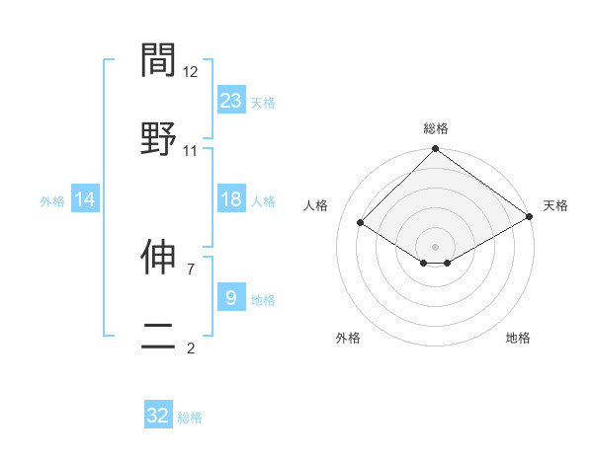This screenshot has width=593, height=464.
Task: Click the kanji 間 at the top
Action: (158, 61)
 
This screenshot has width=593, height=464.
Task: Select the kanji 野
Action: (158, 138)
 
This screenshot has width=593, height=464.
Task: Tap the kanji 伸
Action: (158, 258)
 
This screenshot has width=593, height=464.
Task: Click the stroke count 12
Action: (191, 72)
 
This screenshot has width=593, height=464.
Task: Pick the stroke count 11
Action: (191, 150)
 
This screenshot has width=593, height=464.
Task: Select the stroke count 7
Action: (191, 268)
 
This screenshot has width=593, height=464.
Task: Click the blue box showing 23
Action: (231, 101)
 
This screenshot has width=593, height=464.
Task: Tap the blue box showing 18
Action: (231, 199)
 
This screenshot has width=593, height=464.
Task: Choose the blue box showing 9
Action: (231, 298)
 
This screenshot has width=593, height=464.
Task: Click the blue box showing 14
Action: (86, 199)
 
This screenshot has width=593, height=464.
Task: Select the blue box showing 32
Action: (158, 416)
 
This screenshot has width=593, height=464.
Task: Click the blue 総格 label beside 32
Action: (190, 418)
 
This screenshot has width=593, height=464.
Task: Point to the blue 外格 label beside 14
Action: (52, 200)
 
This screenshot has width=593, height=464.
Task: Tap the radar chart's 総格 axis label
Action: (435, 128)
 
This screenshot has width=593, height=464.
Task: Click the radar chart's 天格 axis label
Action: (555, 205)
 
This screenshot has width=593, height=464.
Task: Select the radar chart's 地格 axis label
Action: (518, 338)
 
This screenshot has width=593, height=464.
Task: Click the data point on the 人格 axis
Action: (362, 222)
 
